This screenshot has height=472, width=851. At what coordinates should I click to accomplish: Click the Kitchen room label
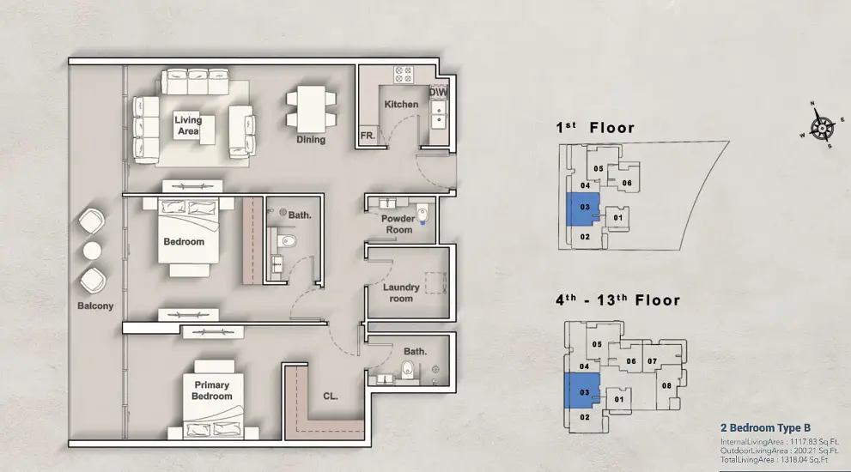pyautogui.click(x=401, y=104)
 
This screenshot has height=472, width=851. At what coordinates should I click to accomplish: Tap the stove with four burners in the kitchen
pyautogui.click(x=404, y=75)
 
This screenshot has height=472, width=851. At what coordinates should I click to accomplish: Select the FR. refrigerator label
pyautogui.click(x=368, y=136)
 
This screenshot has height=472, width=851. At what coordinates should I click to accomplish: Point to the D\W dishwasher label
pyautogui.click(x=439, y=92)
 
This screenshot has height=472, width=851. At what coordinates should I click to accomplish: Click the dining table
pyautogui.click(x=311, y=108)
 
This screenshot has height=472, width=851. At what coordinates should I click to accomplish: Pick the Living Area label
pyautogui.click(x=188, y=125)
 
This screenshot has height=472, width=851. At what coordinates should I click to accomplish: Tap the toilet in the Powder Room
pyautogui.click(x=422, y=214)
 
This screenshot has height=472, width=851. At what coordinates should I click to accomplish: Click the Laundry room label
pyautogui.click(x=401, y=293)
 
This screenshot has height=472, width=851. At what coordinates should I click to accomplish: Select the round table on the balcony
pyautogui.click(x=92, y=251)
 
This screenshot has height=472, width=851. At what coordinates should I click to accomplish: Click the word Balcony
pyautogui.click(x=95, y=306)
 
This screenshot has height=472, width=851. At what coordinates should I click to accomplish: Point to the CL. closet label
pyautogui.click(x=331, y=396)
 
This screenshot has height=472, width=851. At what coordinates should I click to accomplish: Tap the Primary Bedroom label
pyautogui.click(x=211, y=390)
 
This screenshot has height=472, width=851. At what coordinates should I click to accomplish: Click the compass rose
pyautogui.click(x=823, y=128)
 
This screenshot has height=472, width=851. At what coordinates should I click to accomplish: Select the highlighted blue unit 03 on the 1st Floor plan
pyautogui.click(x=582, y=209)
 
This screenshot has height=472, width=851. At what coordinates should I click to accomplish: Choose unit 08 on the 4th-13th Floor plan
pyautogui.click(x=666, y=385)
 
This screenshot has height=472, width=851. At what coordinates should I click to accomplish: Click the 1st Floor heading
pyautogui.click(x=595, y=128)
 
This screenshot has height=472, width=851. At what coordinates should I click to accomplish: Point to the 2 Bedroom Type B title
pyautogui.click(x=765, y=428)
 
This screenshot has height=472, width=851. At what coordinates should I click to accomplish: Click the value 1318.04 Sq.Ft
pyautogui.click(x=805, y=459)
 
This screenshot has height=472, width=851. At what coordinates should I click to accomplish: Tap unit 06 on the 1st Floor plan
pyautogui.click(x=626, y=183)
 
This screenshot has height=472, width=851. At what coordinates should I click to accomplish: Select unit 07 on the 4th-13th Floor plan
pyautogui.click(x=652, y=360)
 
